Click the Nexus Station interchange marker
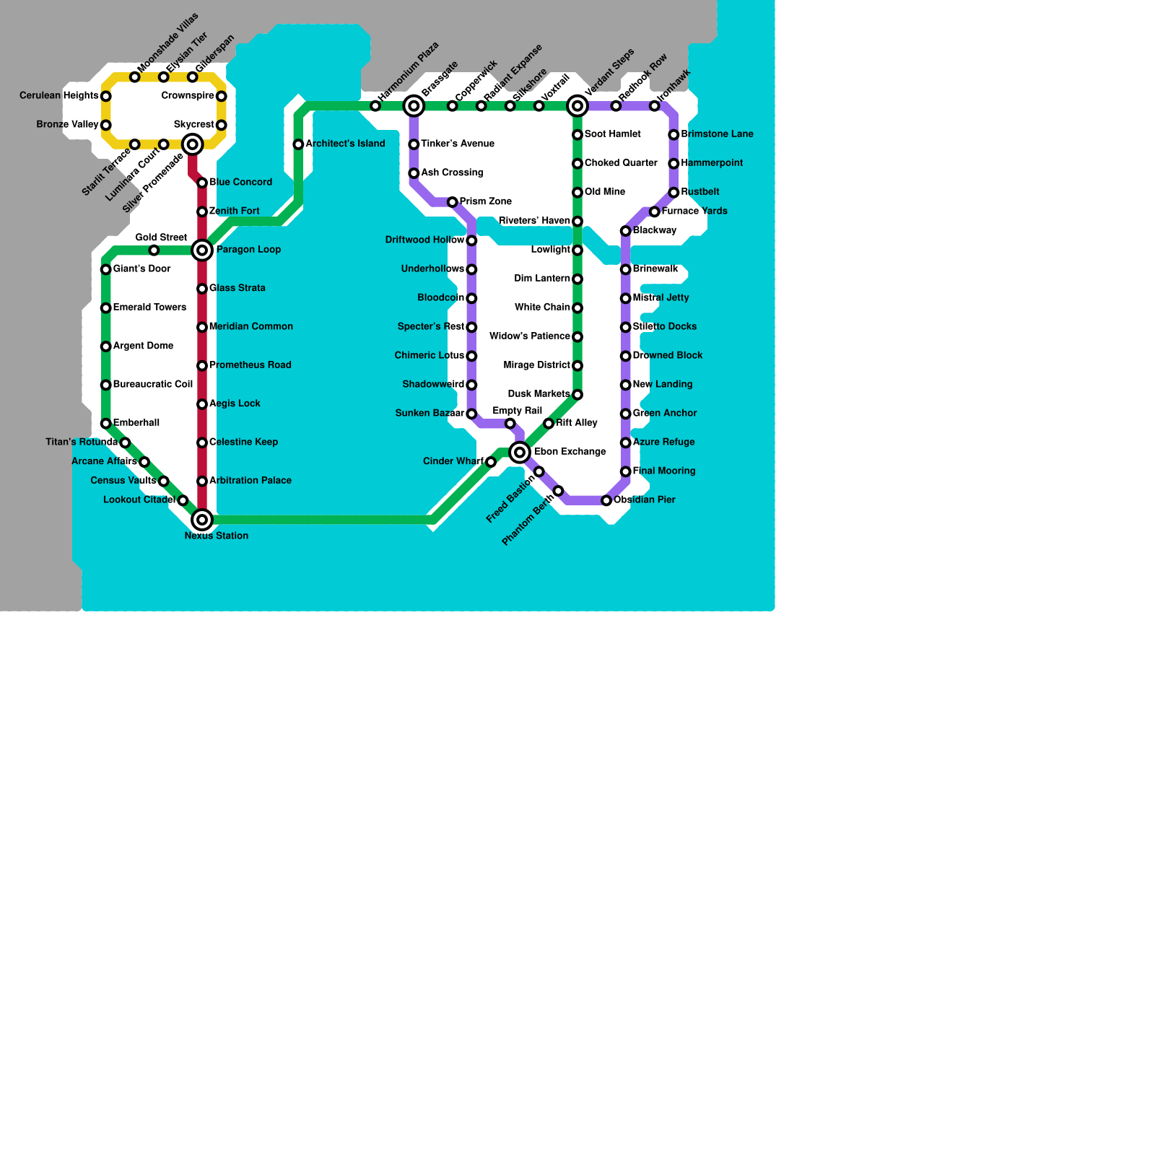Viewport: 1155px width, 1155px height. tap(202, 520)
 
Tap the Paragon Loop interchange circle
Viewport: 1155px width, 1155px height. tap(202, 250)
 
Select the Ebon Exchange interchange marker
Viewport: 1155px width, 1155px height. tap(520, 453)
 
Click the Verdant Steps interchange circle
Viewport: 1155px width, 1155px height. tap(577, 106)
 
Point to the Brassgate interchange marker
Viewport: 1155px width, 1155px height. tap(414, 106)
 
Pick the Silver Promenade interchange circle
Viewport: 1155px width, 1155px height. tap(193, 144)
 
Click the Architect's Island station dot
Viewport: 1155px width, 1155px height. tap(298, 144)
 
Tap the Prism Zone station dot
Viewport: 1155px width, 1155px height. tap(453, 202)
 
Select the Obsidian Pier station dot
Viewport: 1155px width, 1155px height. tap(606, 500)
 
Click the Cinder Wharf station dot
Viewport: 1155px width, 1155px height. tap(491, 462)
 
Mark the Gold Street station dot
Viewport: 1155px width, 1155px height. tap(154, 250)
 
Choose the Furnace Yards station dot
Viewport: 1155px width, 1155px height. tap(655, 212)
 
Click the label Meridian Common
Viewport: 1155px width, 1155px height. tap(251, 327)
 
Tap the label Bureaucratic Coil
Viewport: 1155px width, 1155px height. tap(153, 385)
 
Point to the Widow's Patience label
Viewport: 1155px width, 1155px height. tap(530, 336)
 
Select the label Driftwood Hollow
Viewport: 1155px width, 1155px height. tap(425, 240)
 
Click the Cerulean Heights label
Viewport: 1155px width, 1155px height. tap(59, 96)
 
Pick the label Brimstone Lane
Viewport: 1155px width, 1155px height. tap(717, 134)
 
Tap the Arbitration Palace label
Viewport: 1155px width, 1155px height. tap(250, 481)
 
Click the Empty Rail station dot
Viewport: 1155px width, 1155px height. tap(510, 424)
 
